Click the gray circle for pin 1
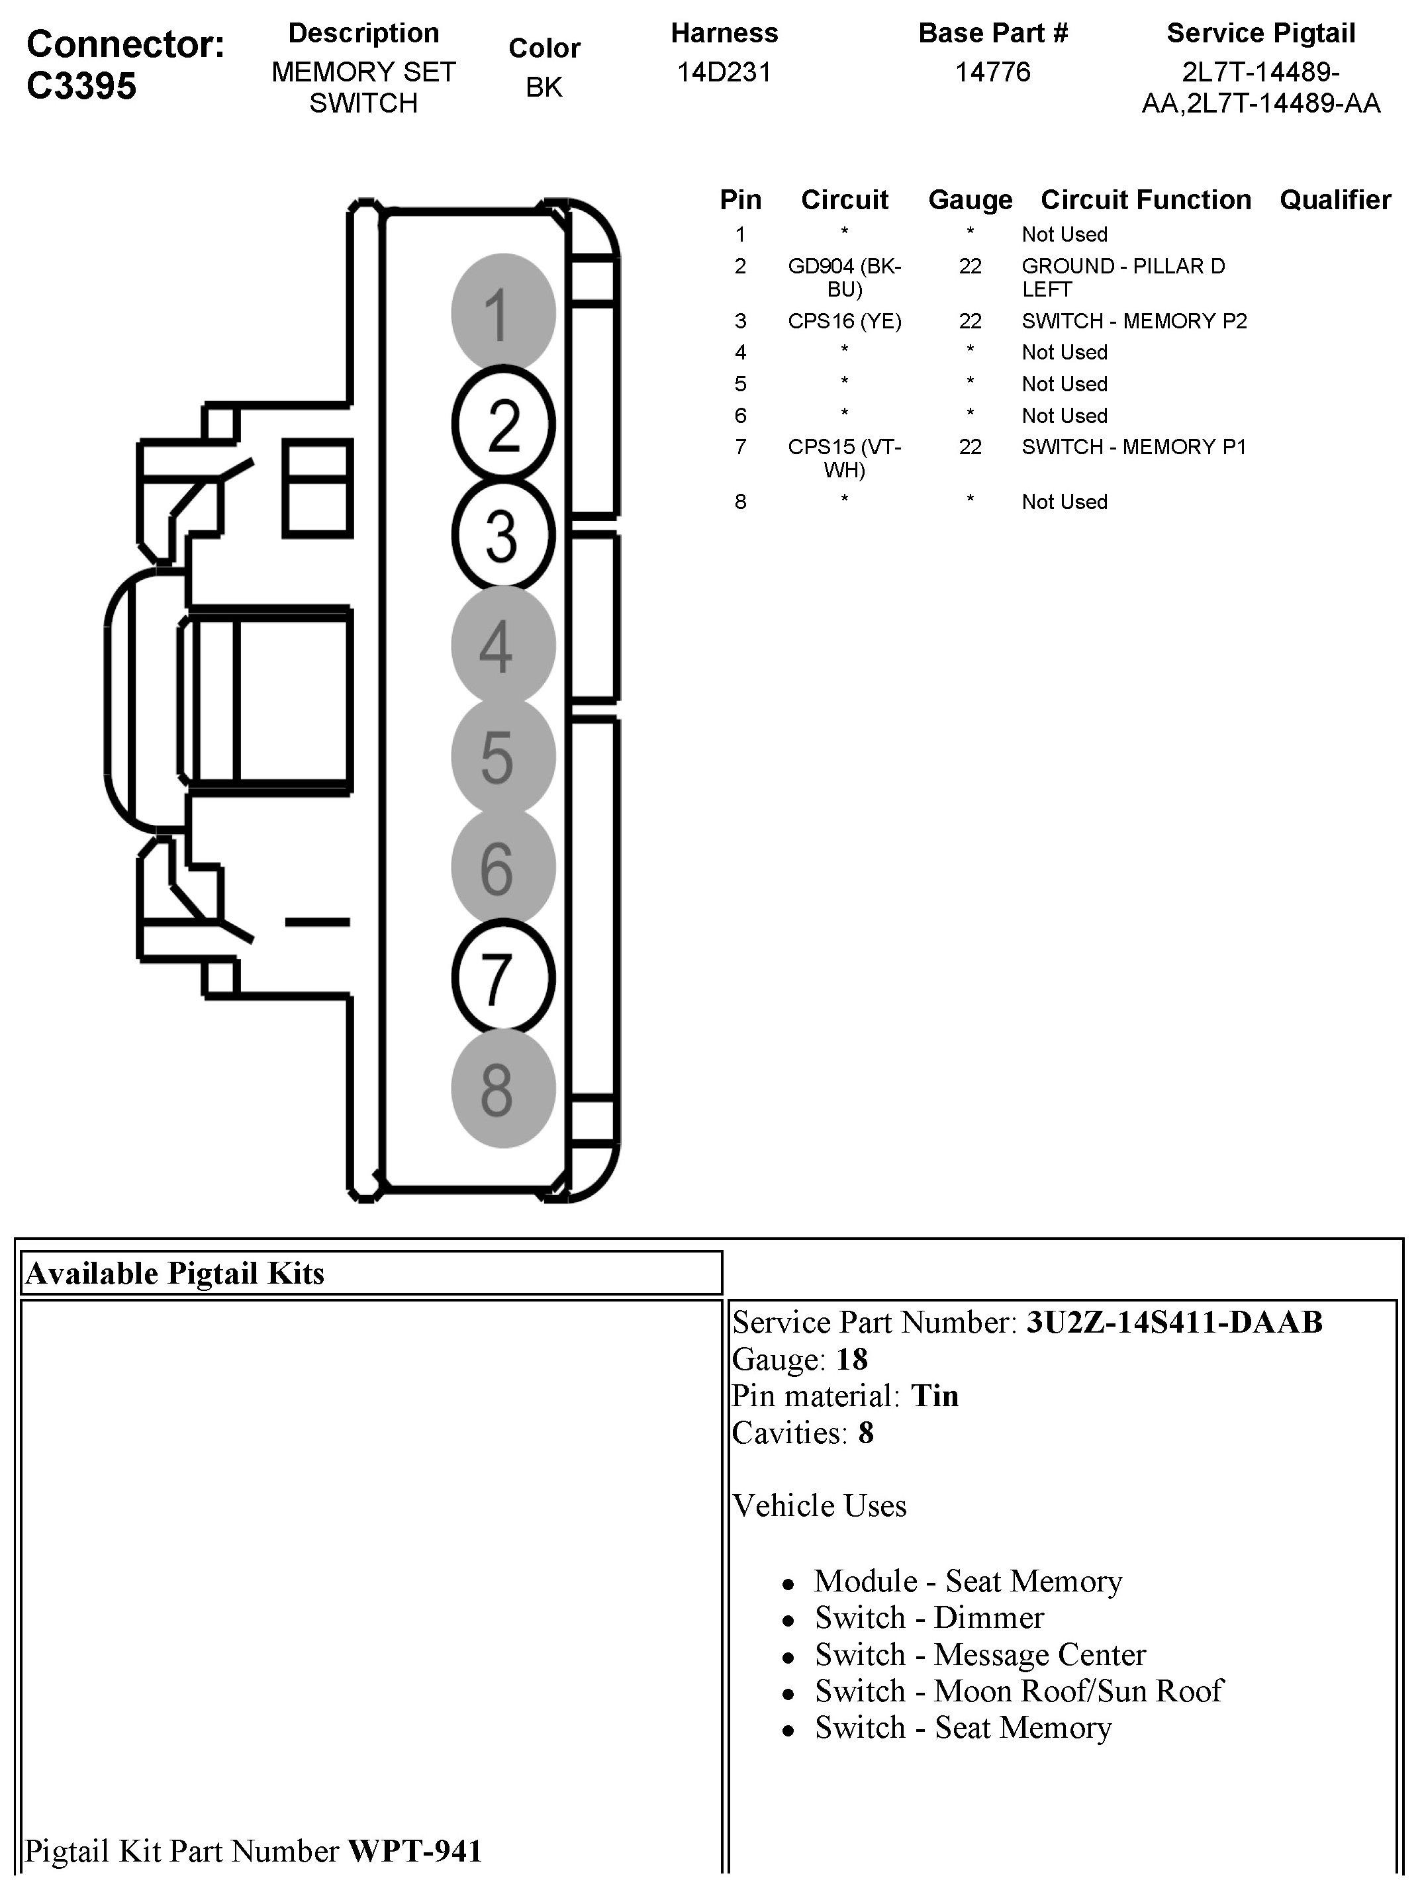click(503, 313)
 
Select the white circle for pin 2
click(503, 424)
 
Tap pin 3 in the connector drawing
click(503, 535)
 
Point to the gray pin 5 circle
click(503, 756)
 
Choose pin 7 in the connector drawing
click(503, 978)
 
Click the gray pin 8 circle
click(503, 1088)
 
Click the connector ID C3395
click(81, 85)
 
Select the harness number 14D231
click(724, 72)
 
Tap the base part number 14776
click(992, 72)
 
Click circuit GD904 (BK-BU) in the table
click(844, 277)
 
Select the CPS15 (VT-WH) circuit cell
click(844, 457)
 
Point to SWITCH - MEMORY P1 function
click(1133, 447)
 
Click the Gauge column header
click(969, 200)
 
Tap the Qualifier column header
click(1335, 200)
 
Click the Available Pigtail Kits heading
click(175, 1274)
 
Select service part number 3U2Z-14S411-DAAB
click(1174, 1323)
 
